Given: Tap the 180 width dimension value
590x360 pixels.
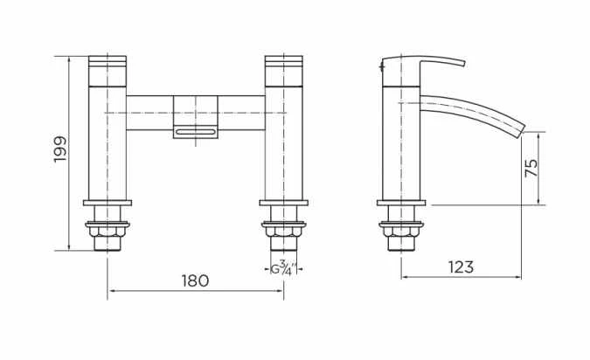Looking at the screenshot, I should pyautogui.click(x=195, y=280).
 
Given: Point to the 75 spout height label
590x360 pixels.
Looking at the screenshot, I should pyautogui.click(x=531, y=169).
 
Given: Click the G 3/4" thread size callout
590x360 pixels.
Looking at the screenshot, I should pyautogui.click(x=282, y=268).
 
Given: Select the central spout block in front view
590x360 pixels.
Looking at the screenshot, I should pyautogui.click(x=195, y=112).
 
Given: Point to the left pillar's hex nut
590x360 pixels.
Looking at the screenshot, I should pyautogui.click(x=107, y=232).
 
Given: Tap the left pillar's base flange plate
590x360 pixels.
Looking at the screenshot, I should pyautogui.click(x=107, y=203).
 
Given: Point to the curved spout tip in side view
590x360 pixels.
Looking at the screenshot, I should pyautogui.click(x=521, y=128).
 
